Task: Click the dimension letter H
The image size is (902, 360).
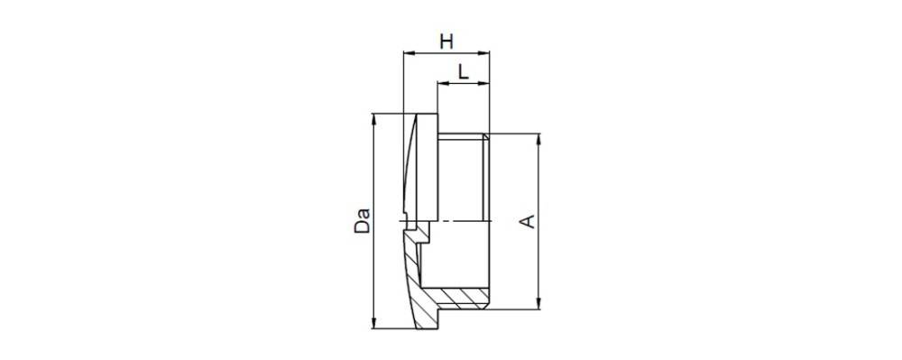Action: pos(447,42)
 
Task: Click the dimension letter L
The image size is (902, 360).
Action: pos(463,72)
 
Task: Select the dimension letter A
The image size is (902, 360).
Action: pos(528,221)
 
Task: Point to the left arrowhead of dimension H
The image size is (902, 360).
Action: pos(409,53)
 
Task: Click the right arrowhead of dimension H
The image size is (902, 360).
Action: pos(483,53)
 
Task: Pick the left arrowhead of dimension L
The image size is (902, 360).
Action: pos(443,83)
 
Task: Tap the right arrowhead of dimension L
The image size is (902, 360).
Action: pos(483,83)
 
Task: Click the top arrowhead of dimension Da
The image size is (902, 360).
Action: pos(374,118)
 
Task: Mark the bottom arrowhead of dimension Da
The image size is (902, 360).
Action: pos(374,323)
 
